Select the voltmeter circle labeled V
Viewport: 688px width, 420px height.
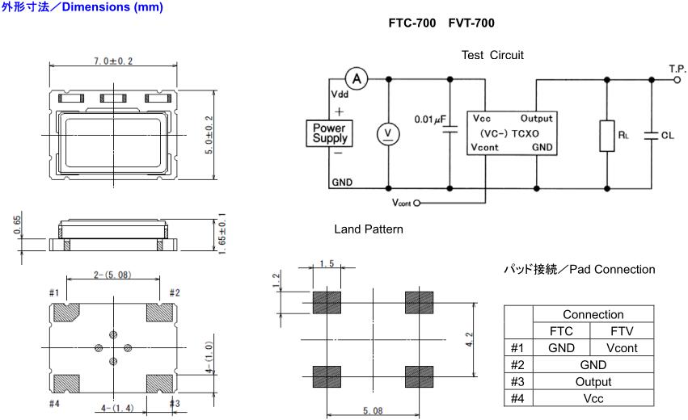pyautogui.click(x=389, y=132)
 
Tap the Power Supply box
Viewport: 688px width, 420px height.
pyautogui.click(x=329, y=132)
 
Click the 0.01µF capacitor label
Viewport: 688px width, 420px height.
pyautogui.click(x=430, y=120)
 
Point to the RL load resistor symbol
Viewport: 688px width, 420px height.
pyautogui.click(x=606, y=136)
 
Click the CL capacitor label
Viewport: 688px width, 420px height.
pyautogui.click(x=667, y=136)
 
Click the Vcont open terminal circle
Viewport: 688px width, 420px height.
pyautogui.click(x=417, y=203)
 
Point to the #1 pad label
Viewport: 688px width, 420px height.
pyautogui.click(x=55, y=292)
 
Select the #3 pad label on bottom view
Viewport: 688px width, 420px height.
pyautogui.click(x=174, y=403)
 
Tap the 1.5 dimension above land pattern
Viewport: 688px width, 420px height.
pyautogui.click(x=327, y=264)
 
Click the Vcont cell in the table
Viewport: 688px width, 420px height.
pyautogui.click(x=622, y=347)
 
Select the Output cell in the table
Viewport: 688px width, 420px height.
pyautogui.click(x=593, y=381)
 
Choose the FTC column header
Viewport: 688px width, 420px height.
pyautogui.click(x=561, y=330)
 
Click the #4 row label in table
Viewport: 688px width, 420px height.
pyautogui.click(x=518, y=398)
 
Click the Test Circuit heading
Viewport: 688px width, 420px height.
pyautogui.click(x=492, y=55)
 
